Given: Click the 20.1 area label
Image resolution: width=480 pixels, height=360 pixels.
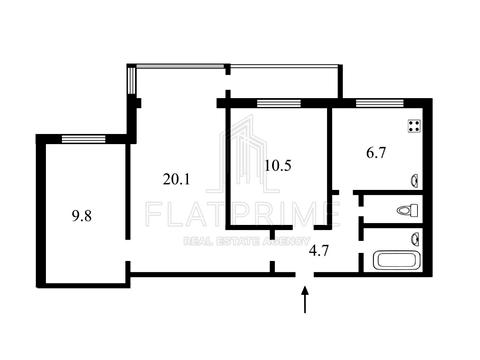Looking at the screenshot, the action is pos(177,180).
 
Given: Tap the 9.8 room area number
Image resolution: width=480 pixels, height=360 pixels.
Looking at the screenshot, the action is pos(82,216).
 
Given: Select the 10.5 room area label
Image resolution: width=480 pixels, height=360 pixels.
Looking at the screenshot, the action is pos(278,166).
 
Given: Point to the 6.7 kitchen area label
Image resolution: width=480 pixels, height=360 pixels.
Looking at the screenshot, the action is pos(376,153).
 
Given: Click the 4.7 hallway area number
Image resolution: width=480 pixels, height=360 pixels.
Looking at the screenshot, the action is pos(319,250).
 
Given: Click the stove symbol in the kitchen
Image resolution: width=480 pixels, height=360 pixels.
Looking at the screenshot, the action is pos(415,126).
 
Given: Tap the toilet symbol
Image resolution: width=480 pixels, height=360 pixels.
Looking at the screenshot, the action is pos(408,210).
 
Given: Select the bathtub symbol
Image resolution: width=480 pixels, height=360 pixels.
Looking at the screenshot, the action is pos(396,261).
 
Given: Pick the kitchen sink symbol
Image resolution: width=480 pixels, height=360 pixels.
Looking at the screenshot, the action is pos(415,181).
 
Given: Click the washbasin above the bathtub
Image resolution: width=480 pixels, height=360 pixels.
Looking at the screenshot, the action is pos(415,239).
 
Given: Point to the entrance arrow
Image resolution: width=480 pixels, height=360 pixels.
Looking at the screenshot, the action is pos(305,300).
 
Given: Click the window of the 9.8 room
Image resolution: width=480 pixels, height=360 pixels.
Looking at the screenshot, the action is pos(84,139).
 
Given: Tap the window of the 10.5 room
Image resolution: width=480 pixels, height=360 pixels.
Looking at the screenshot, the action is pos(279,103).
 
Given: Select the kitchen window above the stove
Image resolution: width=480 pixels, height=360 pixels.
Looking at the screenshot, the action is pos(380,103).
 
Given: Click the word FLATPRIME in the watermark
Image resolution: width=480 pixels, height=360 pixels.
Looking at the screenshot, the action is pos(243,213).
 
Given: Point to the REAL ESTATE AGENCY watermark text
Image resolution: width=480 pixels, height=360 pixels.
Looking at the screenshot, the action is pos(247,241).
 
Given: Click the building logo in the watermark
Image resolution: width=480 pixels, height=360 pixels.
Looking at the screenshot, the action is pos(243,154).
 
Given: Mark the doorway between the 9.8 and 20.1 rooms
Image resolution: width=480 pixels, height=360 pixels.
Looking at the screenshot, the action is pos(128,250).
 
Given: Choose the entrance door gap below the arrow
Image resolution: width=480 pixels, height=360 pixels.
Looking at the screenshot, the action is pos(305,275).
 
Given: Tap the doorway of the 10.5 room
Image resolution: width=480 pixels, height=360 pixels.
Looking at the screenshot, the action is pos(303,228).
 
